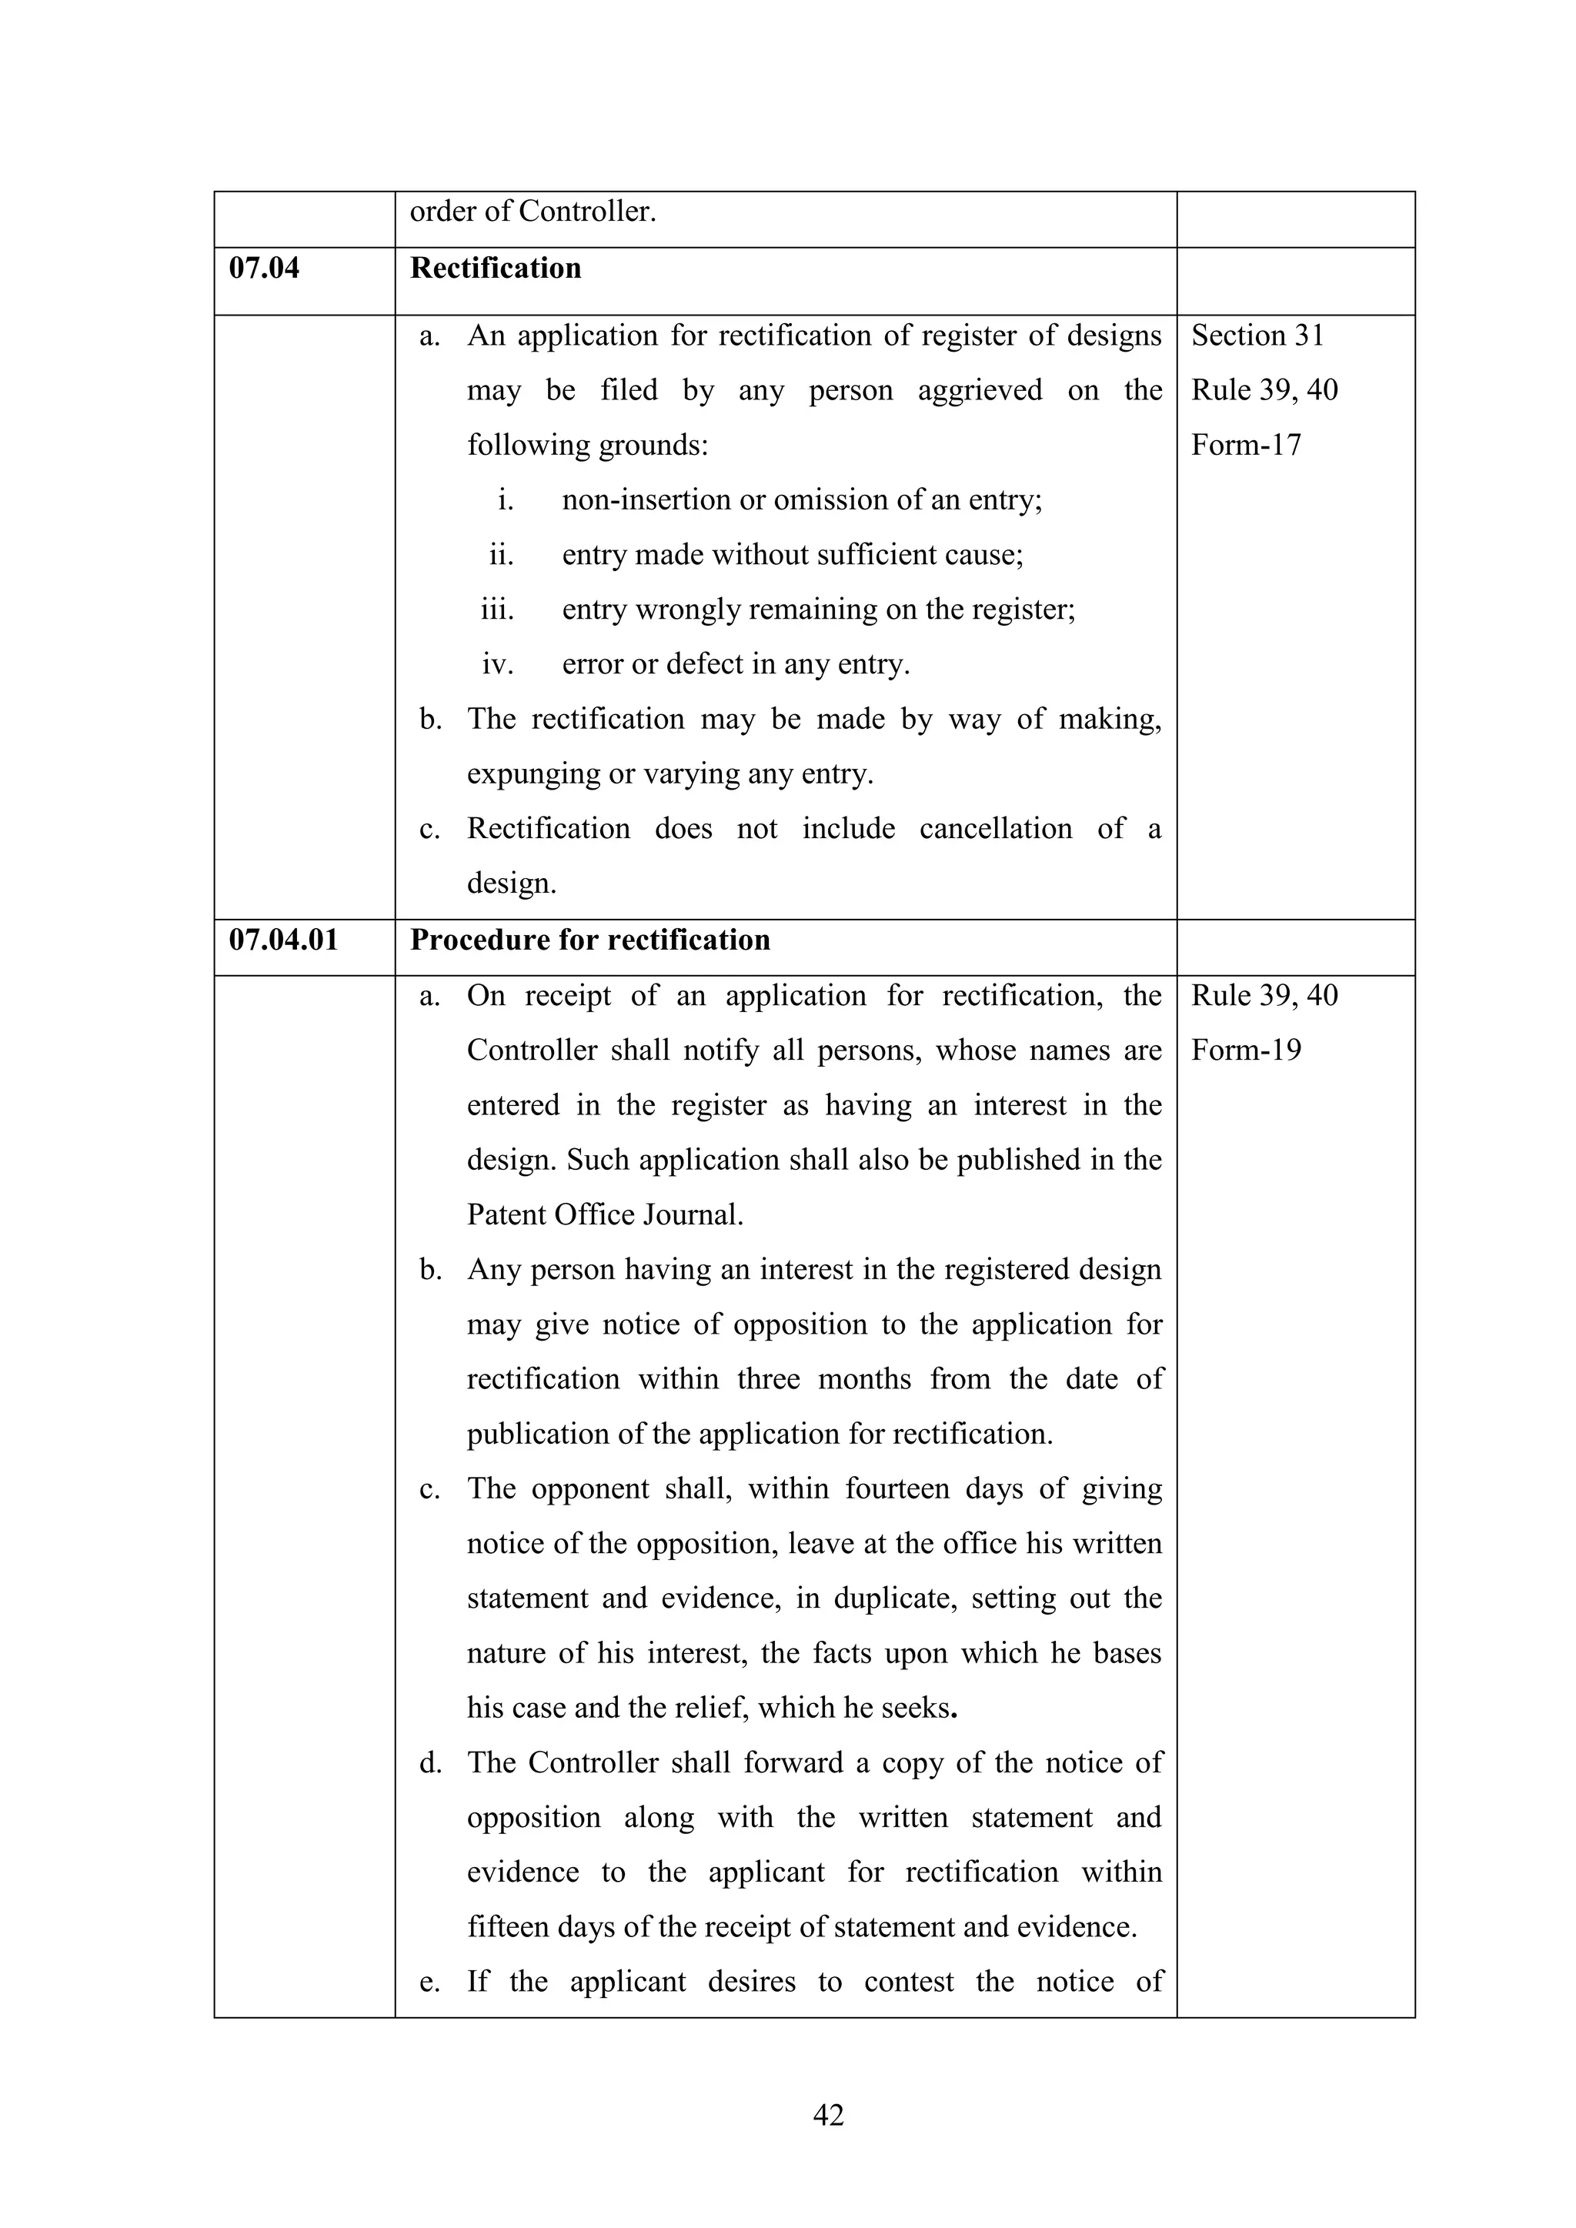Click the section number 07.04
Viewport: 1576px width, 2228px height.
click(x=264, y=268)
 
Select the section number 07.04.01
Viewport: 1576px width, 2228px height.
click(x=283, y=940)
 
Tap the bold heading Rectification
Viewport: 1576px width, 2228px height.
click(x=495, y=268)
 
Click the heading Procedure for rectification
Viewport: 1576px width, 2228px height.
click(x=590, y=940)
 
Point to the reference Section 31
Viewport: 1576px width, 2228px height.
click(x=1257, y=335)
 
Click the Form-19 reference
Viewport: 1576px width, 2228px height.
click(x=1246, y=1050)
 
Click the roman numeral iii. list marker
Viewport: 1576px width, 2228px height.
click(x=497, y=610)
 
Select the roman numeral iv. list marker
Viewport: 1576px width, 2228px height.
click(x=497, y=665)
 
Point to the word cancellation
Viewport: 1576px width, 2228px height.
click(x=996, y=829)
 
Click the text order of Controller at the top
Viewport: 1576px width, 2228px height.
click(x=533, y=212)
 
